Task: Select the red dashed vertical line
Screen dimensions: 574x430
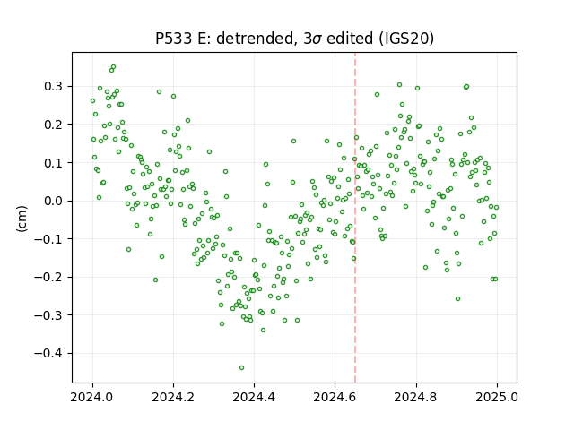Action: click(355, 218)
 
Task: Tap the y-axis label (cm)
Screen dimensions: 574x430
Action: click(22, 219)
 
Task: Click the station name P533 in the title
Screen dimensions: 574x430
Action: click(173, 39)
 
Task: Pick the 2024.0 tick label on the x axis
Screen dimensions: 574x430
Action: click(92, 397)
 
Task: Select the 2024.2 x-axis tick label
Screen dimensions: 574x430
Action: click(173, 397)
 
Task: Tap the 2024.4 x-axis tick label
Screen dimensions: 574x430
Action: click(254, 397)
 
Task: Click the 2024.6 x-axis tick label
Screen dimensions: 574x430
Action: click(335, 397)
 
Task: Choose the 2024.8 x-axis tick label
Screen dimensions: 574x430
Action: click(415, 397)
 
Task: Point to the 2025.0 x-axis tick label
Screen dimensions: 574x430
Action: click(497, 397)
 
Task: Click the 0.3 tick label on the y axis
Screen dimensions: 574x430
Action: click(53, 87)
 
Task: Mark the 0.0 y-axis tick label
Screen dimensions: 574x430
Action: click(53, 201)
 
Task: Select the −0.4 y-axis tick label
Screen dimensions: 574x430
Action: click(48, 354)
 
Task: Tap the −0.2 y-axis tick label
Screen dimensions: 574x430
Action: click(48, 277)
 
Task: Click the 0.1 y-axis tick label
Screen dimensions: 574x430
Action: click(53, 163)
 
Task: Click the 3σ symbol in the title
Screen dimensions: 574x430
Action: click(313, 39)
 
